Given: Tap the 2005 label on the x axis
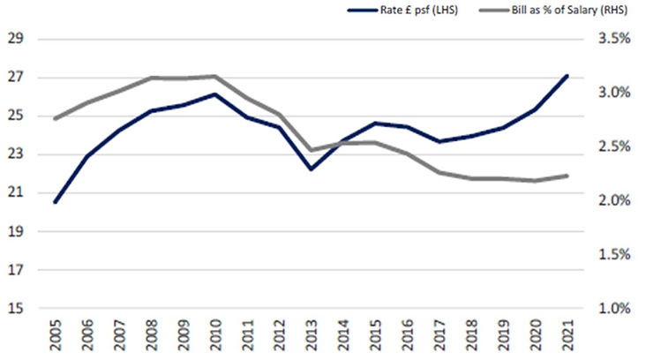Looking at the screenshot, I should click(55, 335).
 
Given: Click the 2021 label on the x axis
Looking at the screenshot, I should click(567, 335).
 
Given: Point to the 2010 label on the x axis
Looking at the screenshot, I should click(214, 335).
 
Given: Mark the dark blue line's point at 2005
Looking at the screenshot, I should click(55, 202).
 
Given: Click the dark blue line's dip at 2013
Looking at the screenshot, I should click(311, 169).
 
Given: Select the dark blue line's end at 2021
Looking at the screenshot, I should click(567, 76).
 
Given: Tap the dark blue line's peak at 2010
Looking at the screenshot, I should click(214, 94).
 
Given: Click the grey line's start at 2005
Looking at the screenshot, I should click(55, 118).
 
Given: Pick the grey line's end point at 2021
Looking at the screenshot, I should click(567, 176).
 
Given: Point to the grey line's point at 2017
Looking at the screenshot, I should click(439, 172).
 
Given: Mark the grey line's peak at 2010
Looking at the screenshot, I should click(214, 76).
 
